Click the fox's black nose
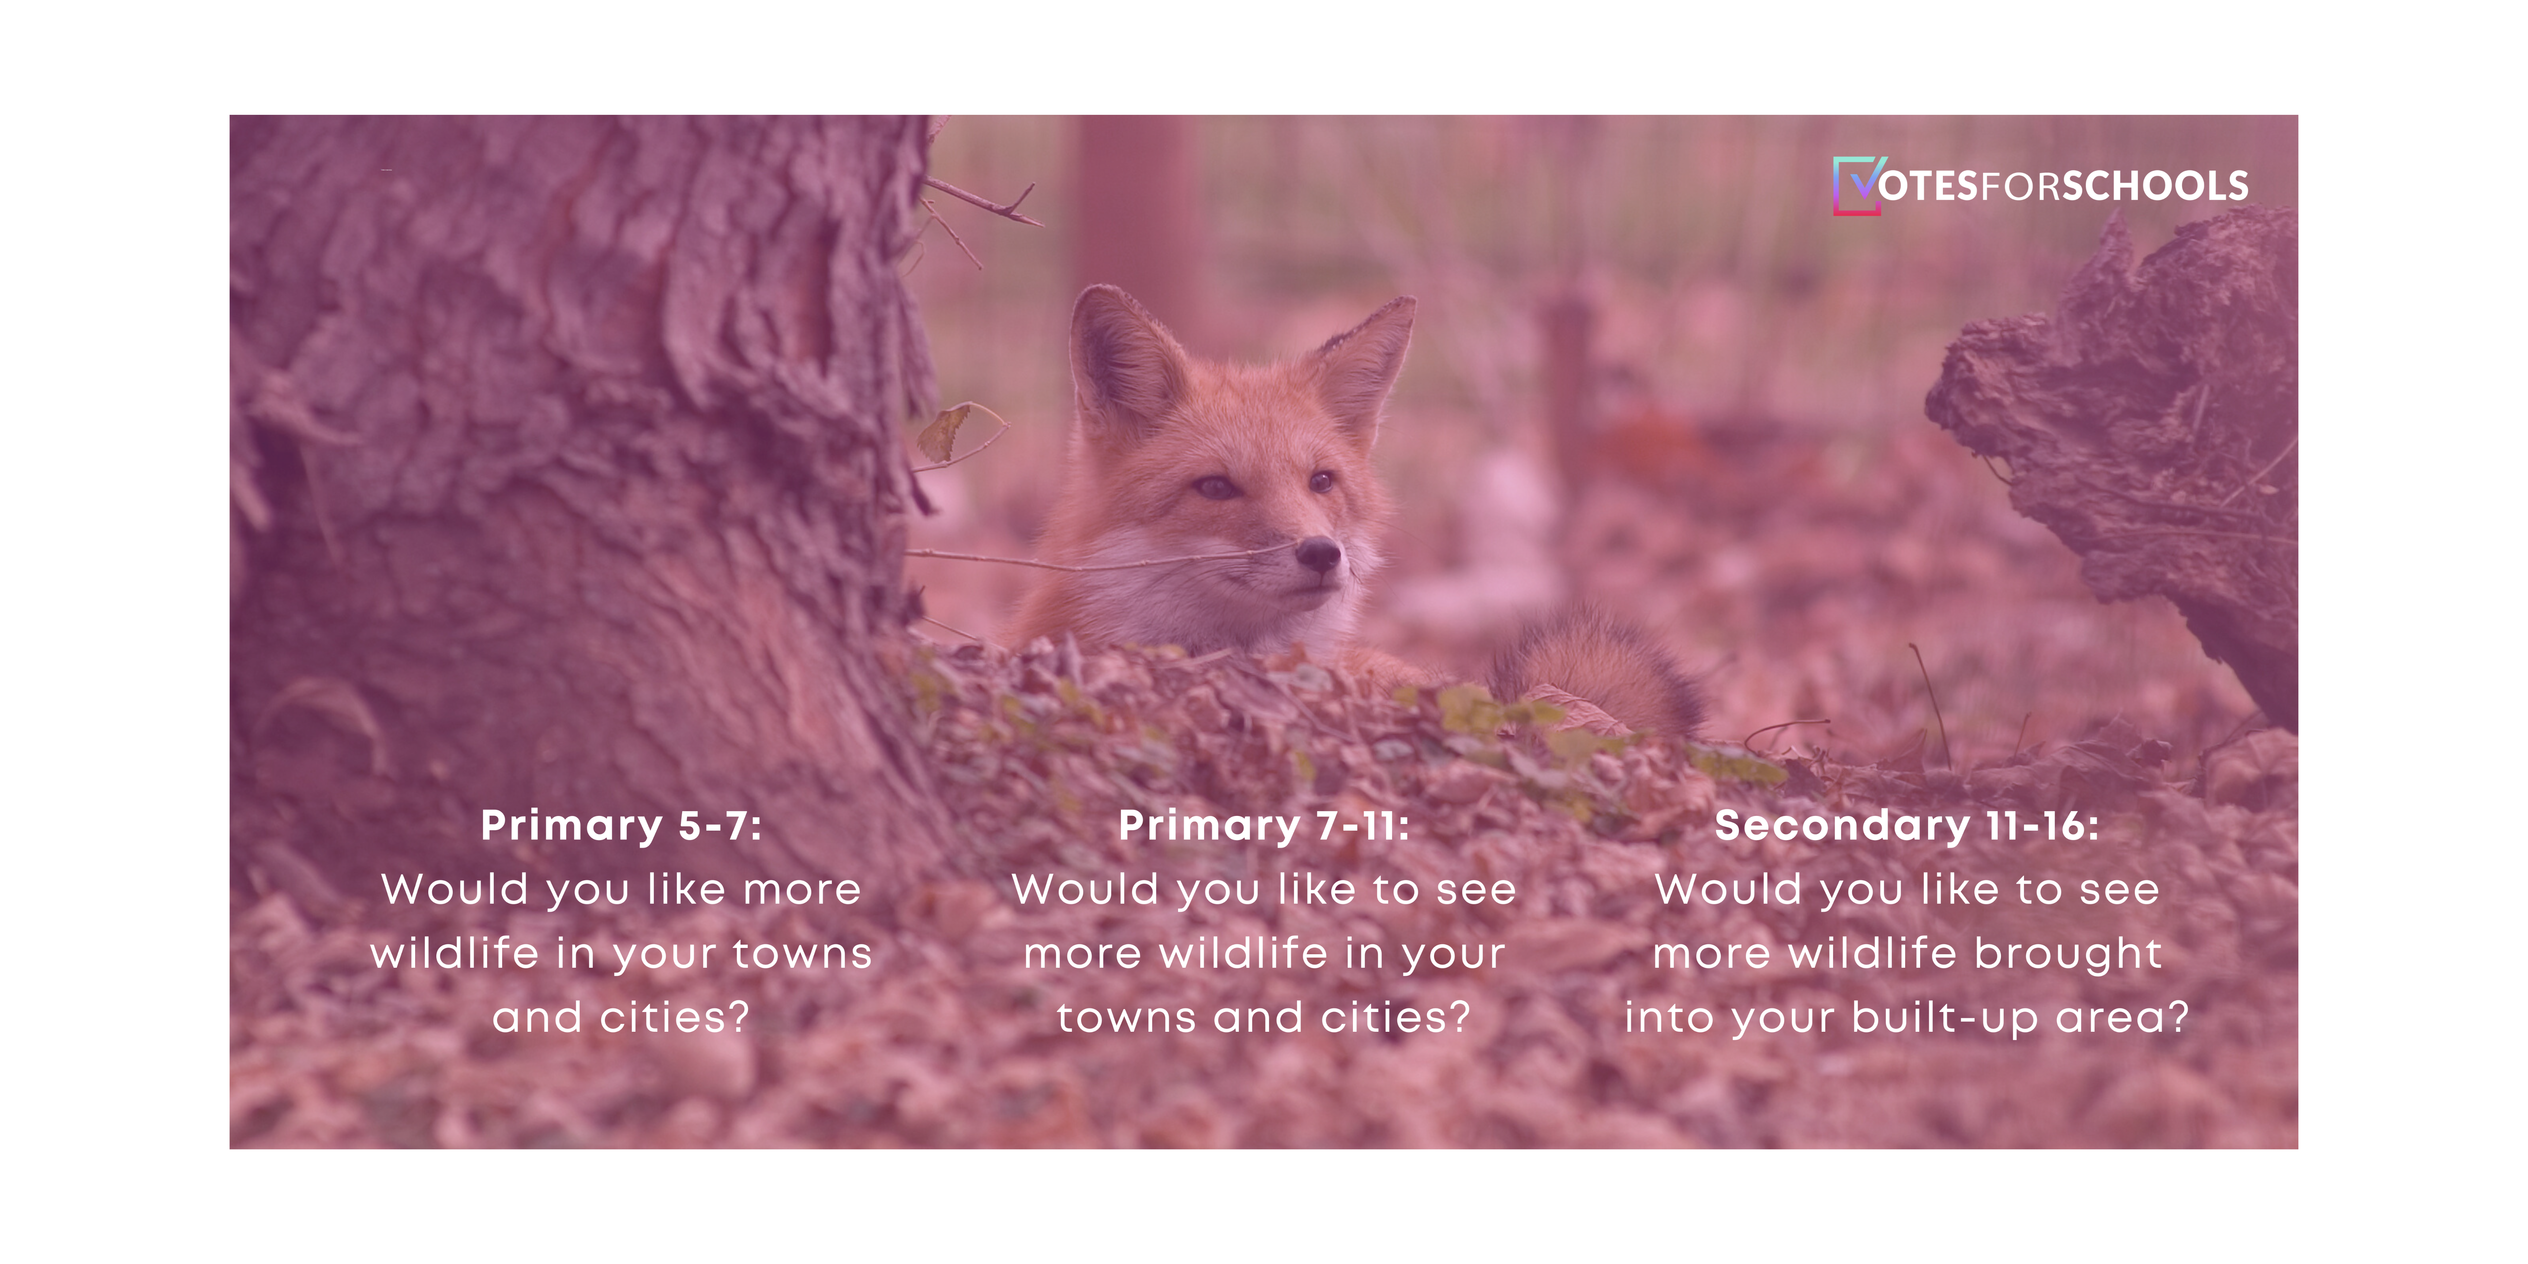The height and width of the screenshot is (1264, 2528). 1318,556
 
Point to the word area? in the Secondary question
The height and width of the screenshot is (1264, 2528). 2123,1018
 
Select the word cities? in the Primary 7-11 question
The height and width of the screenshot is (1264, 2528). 1396,1018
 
